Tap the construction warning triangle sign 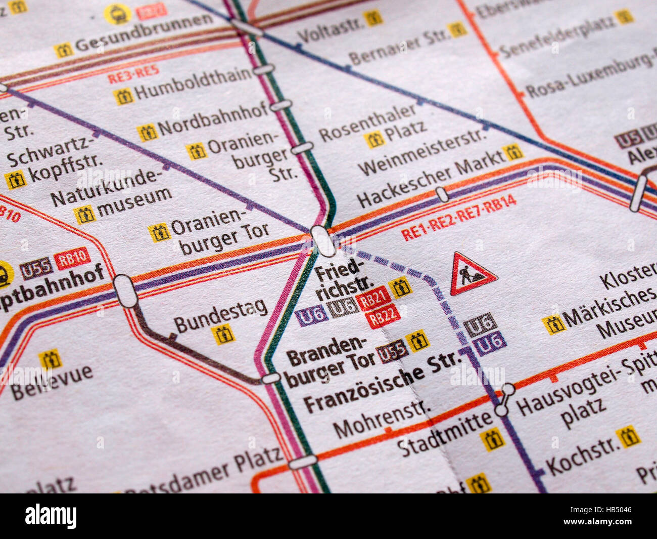point(473,275)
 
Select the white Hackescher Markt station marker point(442,194)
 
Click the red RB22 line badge point(383,318)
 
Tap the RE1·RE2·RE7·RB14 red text point(458,218)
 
